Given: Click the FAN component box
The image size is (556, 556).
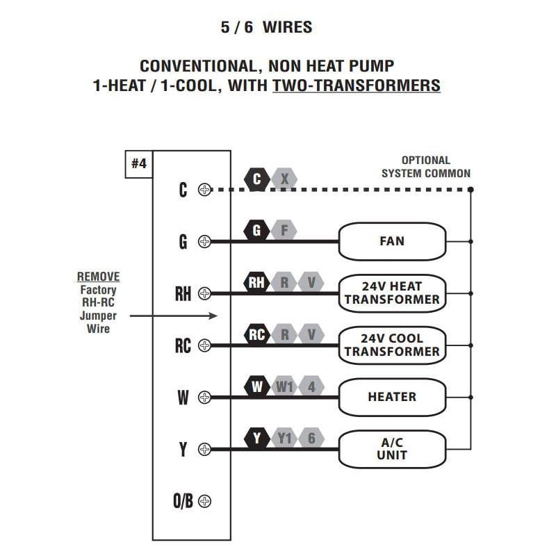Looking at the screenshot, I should point(392,241).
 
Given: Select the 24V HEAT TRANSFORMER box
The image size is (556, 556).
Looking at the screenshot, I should point(392,293).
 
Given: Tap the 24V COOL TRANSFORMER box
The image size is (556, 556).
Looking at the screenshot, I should point(392,345).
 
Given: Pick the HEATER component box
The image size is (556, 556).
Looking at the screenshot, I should point(392,397).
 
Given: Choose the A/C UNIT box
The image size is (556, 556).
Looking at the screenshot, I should point(392,449).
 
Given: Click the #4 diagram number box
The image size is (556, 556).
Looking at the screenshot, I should point(139,164).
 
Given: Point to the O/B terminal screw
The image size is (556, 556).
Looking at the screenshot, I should point(204,501).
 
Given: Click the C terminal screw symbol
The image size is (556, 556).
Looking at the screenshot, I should point(204,189).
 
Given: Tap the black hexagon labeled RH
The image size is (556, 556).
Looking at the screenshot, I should point(257,283).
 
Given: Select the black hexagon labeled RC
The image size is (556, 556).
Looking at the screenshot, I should point(257,335).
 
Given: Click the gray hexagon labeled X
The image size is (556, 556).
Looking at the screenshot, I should point(284,179).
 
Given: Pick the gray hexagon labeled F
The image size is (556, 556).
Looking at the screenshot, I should point(284,230).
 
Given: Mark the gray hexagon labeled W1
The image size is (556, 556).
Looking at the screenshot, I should point(285,386).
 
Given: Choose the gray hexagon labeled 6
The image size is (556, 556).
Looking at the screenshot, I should point(311,438).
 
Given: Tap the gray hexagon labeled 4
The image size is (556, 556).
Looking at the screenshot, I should point(311,386).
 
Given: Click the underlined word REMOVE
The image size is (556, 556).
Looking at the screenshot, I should point(98,277).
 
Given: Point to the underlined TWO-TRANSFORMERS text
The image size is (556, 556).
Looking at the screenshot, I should point(357,86).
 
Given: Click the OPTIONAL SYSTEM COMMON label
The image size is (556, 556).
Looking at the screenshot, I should point(425,167).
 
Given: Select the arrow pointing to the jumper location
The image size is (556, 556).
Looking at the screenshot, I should point(174,316).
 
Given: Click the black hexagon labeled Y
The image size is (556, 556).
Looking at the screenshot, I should point(257,438).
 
